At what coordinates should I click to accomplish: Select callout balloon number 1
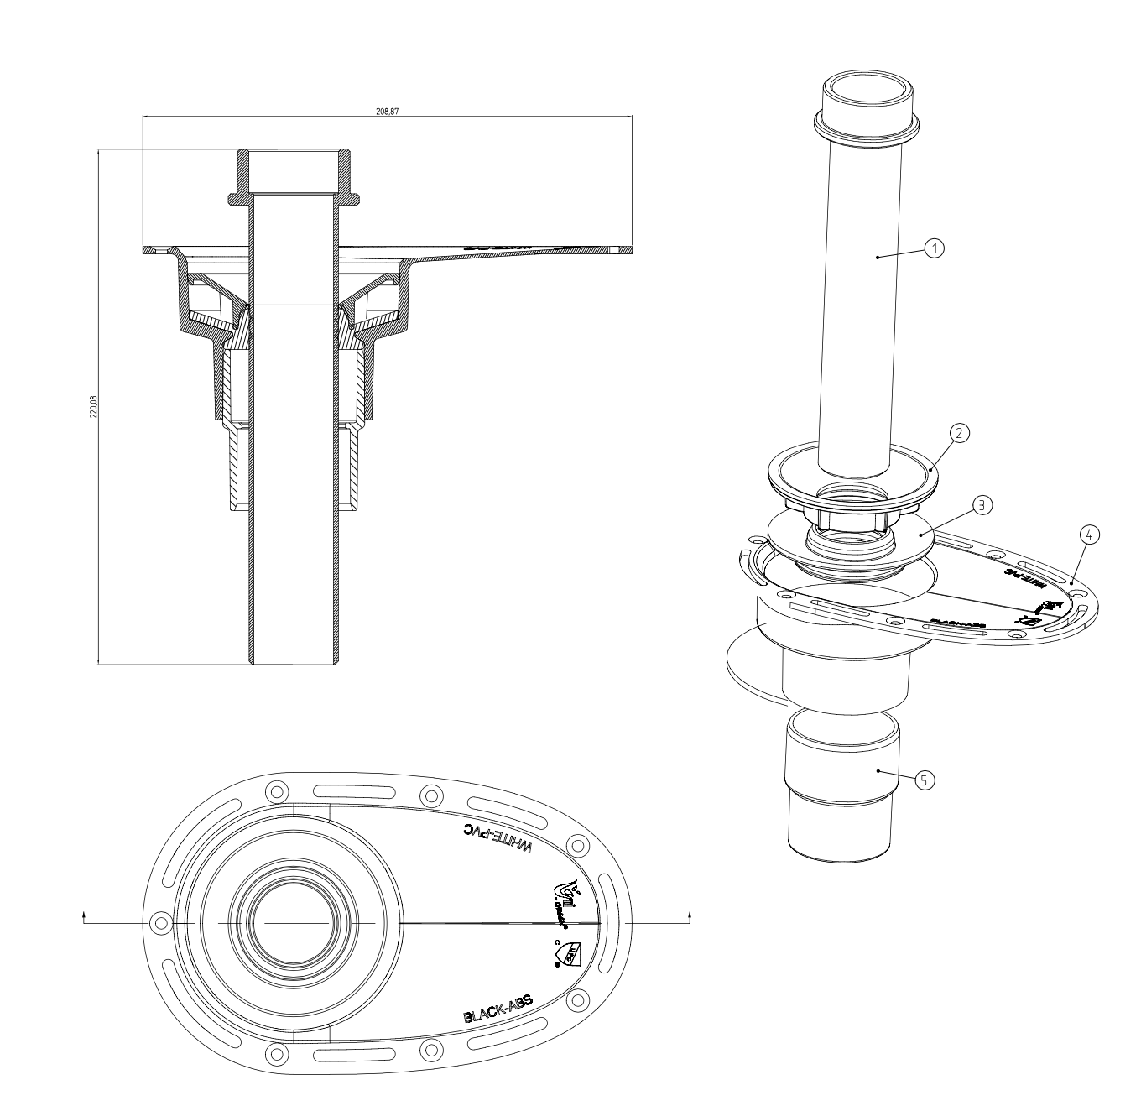coord(935,248)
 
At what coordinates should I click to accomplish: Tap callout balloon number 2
coord(960,432)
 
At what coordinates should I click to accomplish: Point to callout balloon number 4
coord(1088,534)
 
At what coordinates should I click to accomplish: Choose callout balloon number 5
coord(923,779)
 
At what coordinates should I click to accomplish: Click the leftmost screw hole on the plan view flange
coord(158,923)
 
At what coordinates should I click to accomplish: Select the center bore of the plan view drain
coord(294,923)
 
